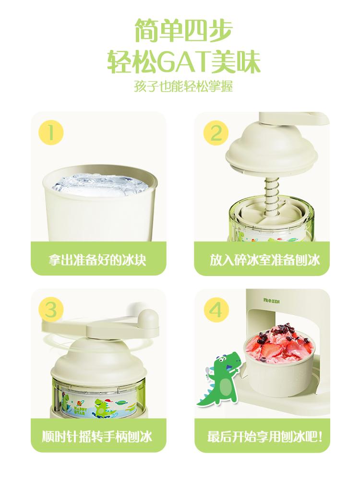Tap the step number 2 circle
pyautogui.click(x=216, y=133)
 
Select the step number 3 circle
pyautogui.click(x=51, y=310)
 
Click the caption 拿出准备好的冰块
pyautogui.click(x=97, y=260)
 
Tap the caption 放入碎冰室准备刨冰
pyautogui.click(x=264, y=260)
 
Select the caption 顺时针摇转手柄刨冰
pyautogui.click(x=97, y=436)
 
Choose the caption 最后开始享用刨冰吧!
pyautogui.click(x=265, y=436)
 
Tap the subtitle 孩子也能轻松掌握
pyautogui.click(x=183, y=86)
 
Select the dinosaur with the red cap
pyautogui.click(x=104, y=407)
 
